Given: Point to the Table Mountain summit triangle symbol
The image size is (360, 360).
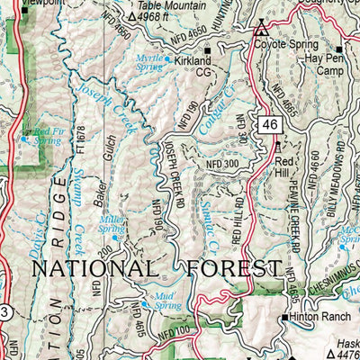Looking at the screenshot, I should [132, 16].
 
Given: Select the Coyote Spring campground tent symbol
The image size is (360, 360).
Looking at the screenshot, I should [262, 28].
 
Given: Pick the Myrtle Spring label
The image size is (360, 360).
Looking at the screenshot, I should [149, 61].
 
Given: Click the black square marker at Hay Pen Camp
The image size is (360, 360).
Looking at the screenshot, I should [339, 49].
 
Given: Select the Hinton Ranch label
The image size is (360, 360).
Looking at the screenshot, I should [322, 318].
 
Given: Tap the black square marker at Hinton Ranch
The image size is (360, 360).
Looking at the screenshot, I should [284, 318].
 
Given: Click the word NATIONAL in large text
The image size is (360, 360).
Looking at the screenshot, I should [92, 268].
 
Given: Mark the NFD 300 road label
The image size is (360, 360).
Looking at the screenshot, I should [223, 165].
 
